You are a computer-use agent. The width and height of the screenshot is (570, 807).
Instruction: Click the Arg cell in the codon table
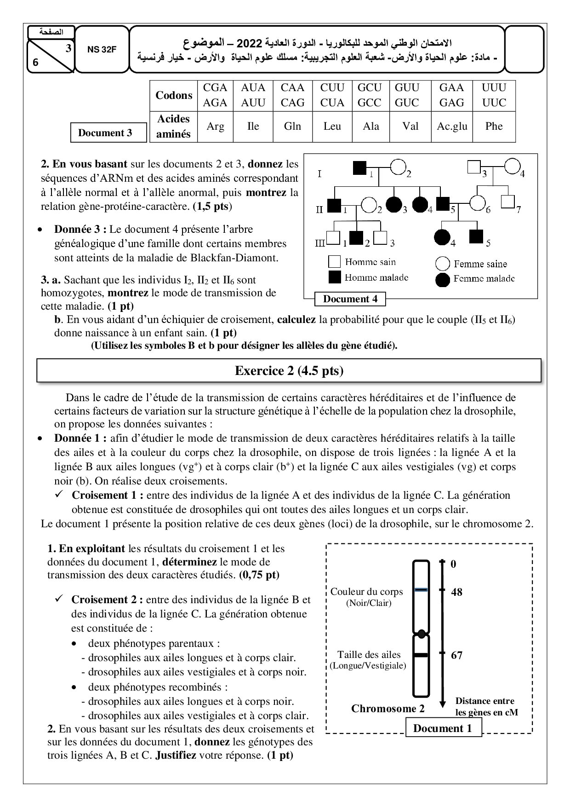coord(215,126)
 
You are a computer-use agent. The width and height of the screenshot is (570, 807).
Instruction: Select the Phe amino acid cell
coord(494,126)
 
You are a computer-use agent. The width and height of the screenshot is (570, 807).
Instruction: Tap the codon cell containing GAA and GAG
coord(451,95)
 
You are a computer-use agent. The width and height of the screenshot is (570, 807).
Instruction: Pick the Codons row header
coord(174,95)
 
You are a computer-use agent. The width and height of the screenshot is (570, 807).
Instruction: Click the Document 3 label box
coord(105,133)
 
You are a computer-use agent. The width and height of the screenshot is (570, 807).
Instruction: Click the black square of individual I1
coord(359,168)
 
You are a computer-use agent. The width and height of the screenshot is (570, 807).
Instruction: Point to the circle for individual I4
coord(512,167)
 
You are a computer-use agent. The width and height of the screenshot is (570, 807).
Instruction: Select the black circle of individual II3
coord(393,203)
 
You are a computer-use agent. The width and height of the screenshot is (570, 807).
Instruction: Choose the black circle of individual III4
coord(442,237)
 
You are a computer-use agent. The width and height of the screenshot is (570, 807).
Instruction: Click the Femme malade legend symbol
coord(442,279)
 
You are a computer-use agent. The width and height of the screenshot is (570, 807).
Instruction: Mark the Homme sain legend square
coord(334,262)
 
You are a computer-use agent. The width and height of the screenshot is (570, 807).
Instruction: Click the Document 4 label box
coord(350,299)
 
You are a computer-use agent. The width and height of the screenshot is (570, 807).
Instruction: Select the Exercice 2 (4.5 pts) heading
coord(289,371)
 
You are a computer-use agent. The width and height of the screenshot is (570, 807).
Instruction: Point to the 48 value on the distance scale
coord(456,592)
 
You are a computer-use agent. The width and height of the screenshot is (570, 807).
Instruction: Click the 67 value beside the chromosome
coord(456,655)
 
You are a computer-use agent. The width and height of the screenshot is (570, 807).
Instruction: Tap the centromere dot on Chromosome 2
coord(421,634)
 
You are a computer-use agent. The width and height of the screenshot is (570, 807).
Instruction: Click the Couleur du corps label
coord(366,592)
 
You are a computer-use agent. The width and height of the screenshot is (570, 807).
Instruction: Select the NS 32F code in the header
coord(102,50)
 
